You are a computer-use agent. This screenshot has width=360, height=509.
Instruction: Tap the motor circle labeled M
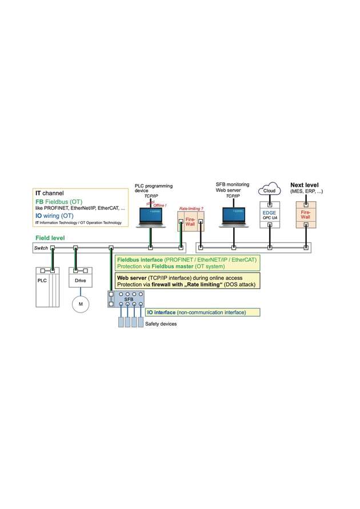pos(80,304)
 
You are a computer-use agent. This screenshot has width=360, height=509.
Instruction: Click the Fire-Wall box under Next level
pos(306,215)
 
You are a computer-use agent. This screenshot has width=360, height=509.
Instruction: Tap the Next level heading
pos(305,185)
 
